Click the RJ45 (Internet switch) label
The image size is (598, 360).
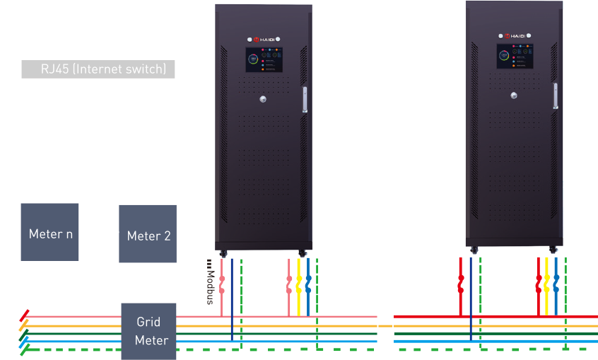[103, 69]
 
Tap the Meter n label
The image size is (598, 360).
[51, 234]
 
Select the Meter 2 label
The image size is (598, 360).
[148, 236]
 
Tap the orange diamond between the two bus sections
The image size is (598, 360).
[385, 326]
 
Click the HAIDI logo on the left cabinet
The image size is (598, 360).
[265, 39]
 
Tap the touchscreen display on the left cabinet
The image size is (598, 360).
[264, 61]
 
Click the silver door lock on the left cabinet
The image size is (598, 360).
[264, 99]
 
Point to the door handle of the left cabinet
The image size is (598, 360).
[305, 99]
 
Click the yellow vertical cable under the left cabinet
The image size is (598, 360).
[298, 283]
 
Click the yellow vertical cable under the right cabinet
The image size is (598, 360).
[546, 283]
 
